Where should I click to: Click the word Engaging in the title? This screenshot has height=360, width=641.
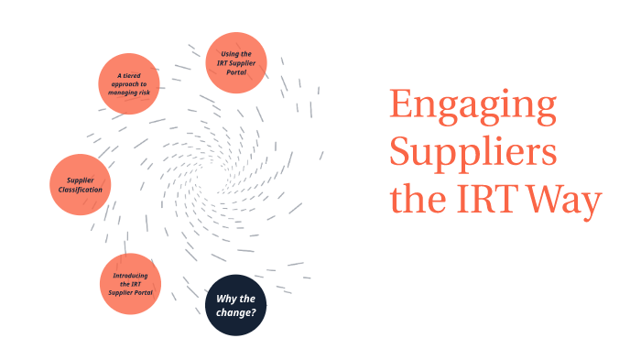pos(473,108)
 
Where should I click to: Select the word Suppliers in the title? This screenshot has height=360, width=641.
pos(473,152)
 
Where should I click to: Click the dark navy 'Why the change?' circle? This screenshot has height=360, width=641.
pos(235,305)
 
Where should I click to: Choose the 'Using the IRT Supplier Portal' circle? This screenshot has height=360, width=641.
pos(236,63)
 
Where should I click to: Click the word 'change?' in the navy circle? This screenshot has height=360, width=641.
pos(235,312)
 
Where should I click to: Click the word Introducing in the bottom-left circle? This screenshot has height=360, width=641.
pos(130,276)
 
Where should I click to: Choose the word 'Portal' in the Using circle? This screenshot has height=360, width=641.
pos(236,72)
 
